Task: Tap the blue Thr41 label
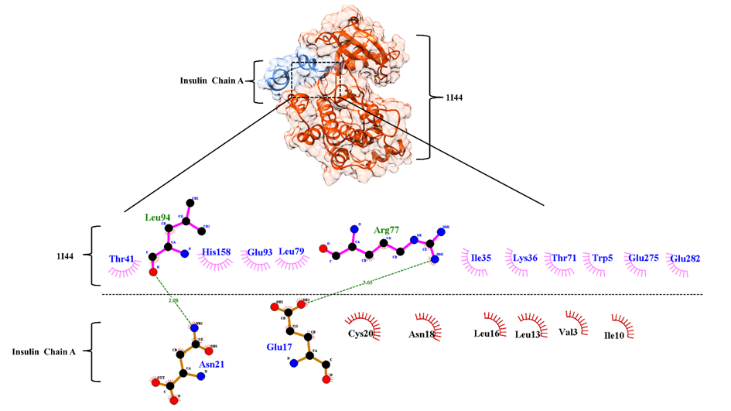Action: coord(123,259)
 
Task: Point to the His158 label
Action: coord(217,252)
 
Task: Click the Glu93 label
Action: coord(260,252)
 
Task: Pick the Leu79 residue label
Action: coord(291,252)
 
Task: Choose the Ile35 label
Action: coord(481,257)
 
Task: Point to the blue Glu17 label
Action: coord(278,348)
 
